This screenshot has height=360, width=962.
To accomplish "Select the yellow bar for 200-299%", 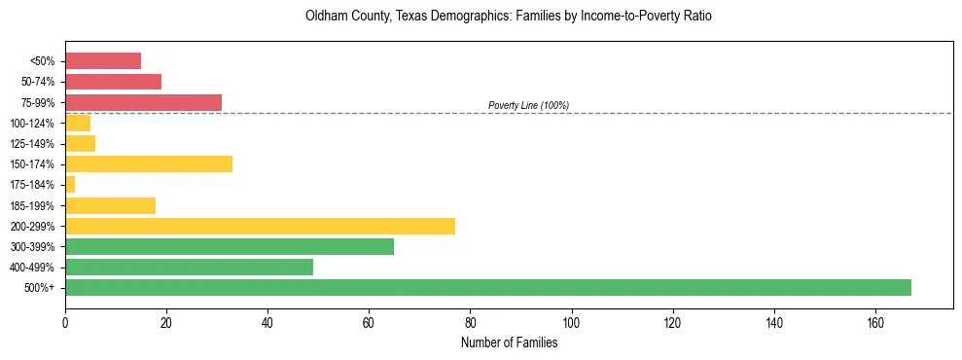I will (x=260, y=226).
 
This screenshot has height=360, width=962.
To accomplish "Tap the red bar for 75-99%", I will (x=143, y=102).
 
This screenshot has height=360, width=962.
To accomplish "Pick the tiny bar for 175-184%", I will (x=70, y=184).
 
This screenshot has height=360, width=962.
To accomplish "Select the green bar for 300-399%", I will (x=230, y=246).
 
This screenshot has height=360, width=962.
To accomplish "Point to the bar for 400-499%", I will (x=189, y=267).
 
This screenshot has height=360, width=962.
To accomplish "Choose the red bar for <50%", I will (x=103, y=61).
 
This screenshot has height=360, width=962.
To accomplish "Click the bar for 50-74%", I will (x=113, y=82).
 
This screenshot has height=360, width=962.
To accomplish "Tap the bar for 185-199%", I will (x=110, y=205).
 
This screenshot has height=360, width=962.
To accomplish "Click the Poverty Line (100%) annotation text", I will (x=528, y=105).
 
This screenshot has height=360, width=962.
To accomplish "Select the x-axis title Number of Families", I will (x=509, y=342).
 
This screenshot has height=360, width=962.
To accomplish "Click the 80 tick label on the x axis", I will (x=470, y=321).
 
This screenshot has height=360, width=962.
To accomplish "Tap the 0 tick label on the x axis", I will (x=65, y=321).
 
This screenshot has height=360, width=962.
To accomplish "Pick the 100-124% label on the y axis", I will (x=35, y=124).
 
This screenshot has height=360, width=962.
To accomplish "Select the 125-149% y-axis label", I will (x=35, y=144).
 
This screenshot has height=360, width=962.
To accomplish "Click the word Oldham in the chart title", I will (x=323, y=17).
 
